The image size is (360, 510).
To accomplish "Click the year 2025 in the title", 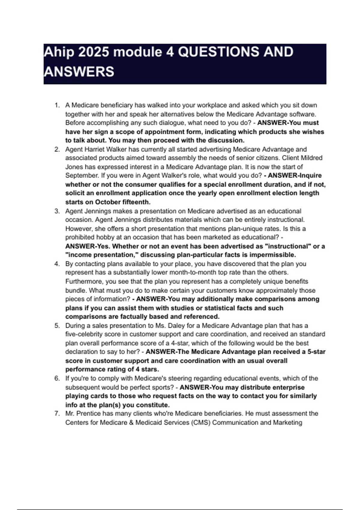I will [93, 52].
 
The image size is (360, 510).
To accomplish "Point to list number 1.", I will [57, 105].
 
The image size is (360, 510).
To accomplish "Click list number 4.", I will [57, 264].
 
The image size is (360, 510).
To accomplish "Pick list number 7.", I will [57, 414].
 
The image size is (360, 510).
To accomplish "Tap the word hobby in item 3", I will [105, 237].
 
